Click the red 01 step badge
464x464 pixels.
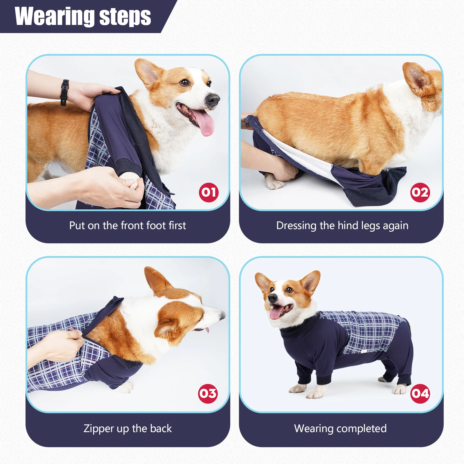(x=209, y=192)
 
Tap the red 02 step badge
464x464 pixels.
(x=420, y=192)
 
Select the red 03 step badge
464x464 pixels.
(x=208, y=394)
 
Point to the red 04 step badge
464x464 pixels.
(x=420, y=394)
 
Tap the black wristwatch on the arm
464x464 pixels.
(x=64, y=93)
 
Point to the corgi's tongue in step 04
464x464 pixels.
(x=275, y=313)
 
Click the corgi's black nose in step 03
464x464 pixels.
(x=223, y=315)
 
